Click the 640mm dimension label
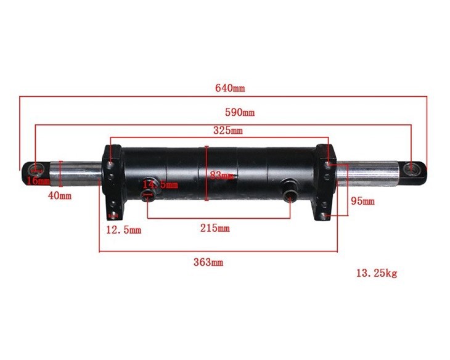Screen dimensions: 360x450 [x=230, y=88]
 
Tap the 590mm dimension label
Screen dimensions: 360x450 [x=240, y=112]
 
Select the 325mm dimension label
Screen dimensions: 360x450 [x=227, y=130]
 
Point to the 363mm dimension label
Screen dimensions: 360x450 [x=208, y=262]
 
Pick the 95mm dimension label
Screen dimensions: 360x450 [x=362, y=201]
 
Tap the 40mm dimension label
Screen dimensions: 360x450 [x=59, y=196]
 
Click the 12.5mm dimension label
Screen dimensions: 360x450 [x=123, y=229]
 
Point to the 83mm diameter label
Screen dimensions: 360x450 [x=222, y=176]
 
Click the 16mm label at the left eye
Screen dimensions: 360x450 [x=38, y=181]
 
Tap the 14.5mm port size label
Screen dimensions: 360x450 [x=160, y=184]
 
